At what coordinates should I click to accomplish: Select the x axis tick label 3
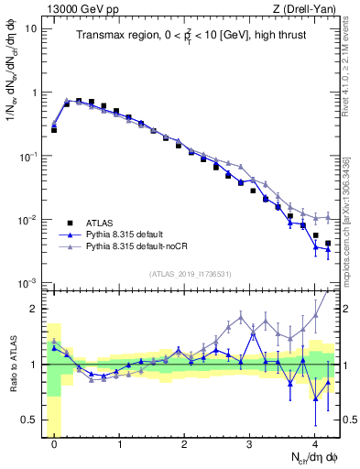pyautogui.click(x=249, y=442)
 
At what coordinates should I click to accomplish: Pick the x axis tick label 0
pyautogui.click(x=54, y=442)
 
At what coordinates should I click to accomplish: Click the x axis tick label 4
pyautogui.click(x=314, y=442)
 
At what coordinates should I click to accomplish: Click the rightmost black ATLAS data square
pyautogui.click(x=328, y=244)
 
